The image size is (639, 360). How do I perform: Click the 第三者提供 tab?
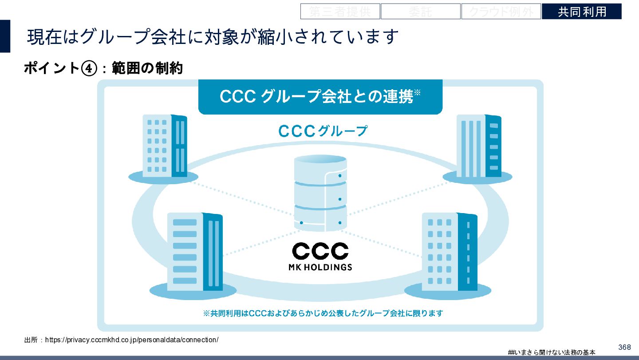point(340,12)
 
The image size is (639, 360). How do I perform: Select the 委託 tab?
point(420,12)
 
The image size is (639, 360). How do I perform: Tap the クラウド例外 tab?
point(501,12)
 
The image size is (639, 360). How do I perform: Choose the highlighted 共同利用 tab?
point(581,12)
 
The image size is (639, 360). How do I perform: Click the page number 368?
point(624,347)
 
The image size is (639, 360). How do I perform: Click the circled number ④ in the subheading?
point(89,68)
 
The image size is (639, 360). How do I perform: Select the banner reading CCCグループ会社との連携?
point(320,97)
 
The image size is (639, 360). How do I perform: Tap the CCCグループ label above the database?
point(323,131)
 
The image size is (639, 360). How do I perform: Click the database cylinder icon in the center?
point(320,193)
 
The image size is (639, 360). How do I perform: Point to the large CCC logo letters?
point(320,251)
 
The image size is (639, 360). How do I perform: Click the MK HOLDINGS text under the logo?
point(320,267)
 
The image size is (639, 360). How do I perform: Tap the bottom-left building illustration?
point(194,252)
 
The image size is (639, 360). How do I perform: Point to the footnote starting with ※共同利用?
point(323,313)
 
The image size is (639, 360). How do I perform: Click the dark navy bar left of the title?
point(5,36)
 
